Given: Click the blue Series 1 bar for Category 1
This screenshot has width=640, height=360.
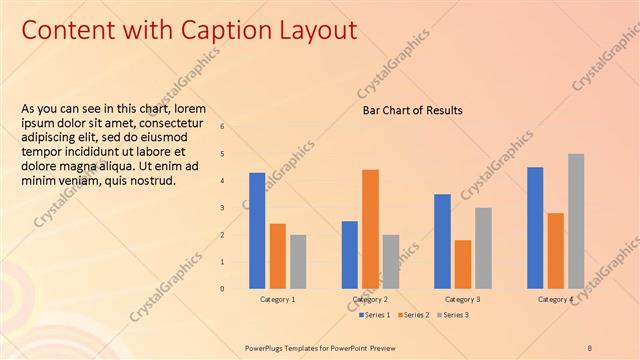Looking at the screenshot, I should click(257, 230).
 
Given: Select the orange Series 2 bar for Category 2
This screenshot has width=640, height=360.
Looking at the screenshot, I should click(370, 228).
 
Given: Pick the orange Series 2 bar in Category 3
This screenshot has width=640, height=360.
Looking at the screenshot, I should click(462, 264).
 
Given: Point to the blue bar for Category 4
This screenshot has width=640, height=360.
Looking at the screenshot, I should click(535, 227).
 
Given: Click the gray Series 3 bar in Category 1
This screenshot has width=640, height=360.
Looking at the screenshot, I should click(298, 261).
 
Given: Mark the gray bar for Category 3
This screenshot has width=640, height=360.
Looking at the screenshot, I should click(483, 247).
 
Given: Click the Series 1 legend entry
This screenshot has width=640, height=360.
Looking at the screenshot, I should click(376, 315).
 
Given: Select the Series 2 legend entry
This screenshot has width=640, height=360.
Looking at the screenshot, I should click(415, 315).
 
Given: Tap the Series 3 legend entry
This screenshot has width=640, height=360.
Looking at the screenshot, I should click(453, 315).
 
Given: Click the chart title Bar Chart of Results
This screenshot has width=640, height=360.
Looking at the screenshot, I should click(412, 110).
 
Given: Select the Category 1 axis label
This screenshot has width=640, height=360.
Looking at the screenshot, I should click(277, 299).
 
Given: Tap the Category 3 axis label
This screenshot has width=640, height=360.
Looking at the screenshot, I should click(462, 299).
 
